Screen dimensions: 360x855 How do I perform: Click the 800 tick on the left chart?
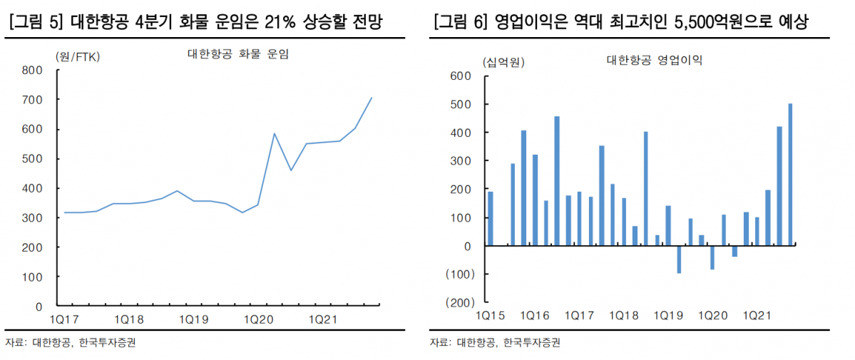[34, 70]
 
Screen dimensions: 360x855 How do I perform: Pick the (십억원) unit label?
[503, 62]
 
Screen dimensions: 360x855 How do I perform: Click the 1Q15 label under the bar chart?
[491, 314]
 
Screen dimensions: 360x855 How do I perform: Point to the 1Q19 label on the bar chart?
[669, 314]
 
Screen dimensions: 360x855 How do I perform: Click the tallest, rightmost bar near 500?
[790, 175]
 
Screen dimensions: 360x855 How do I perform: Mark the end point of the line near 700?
[372, 98]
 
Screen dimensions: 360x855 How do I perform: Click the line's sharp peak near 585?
[275, 133]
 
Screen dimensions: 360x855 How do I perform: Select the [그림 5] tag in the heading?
[29, 23]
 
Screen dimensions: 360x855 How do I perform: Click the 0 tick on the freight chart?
[39, 307]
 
